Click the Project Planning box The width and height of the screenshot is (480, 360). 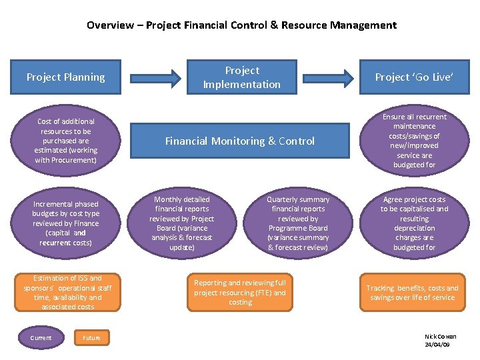66,77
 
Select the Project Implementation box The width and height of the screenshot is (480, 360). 242,77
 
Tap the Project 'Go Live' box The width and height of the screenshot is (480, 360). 414,77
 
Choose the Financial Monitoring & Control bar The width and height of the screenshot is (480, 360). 240,141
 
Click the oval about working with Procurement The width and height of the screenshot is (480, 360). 66,141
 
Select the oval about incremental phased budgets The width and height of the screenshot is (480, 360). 66,223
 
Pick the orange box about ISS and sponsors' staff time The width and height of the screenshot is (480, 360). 67,293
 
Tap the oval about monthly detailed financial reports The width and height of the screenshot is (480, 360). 182,223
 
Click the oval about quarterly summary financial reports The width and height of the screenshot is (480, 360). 298,223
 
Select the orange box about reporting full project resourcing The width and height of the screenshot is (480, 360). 240,293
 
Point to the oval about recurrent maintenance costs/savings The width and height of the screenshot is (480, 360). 414,141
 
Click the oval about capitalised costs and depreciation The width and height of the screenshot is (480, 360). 414,223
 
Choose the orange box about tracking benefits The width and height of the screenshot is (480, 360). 412,293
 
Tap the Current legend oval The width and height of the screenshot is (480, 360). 41,338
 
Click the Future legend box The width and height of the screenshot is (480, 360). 91,338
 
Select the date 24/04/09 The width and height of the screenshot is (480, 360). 437,345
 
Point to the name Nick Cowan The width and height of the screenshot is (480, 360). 440,337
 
